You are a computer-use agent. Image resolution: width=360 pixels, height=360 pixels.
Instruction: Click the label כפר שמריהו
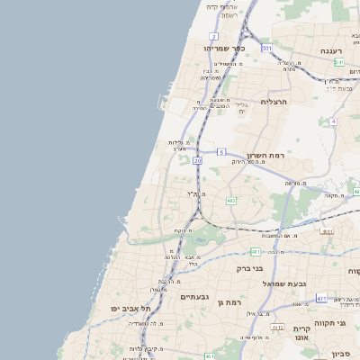(x=219, y=47)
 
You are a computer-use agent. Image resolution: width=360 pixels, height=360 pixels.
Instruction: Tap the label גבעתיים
(x=193, y=296)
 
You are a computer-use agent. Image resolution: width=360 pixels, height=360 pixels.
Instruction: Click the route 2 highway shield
(x=214, y=36)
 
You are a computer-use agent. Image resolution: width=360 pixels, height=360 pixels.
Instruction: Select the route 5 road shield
(x=220, y=153)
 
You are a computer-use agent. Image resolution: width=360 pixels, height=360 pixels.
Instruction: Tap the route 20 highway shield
(x=197, y=159)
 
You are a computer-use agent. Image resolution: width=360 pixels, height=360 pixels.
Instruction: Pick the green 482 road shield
(x=231, y=200)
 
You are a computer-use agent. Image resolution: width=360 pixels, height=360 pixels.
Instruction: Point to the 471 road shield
(x=321, y=297)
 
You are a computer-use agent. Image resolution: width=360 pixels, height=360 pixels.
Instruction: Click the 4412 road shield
(x=277, y=328)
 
